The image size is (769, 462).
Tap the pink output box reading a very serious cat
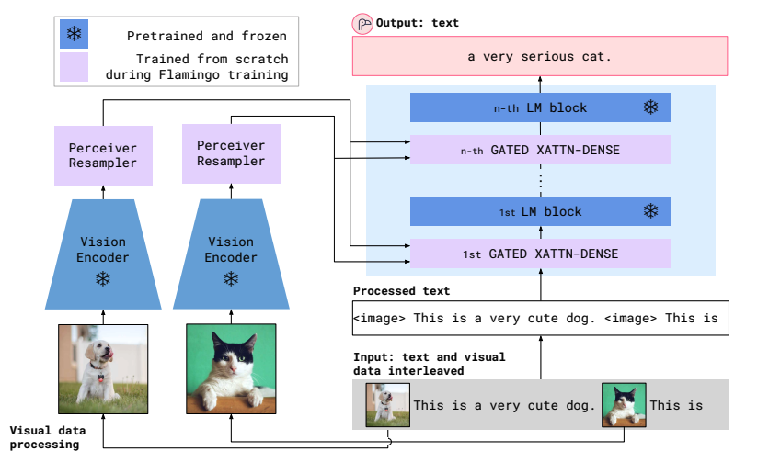(540, 57)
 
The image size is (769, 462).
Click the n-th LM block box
(540, 107)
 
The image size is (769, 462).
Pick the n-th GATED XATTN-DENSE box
(540, 149)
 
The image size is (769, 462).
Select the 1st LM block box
(540, 211)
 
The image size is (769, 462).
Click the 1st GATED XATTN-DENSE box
(540, 254)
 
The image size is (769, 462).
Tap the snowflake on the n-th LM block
(650, 107)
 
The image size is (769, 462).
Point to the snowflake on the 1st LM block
(650, 211)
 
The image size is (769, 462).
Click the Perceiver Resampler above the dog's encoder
(103, 155)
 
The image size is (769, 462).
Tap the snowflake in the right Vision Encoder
(231, 278)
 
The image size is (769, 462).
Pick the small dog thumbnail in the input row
(387, 405)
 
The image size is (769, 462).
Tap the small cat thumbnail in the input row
(623, 405)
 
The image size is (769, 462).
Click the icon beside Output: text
(362, 23)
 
